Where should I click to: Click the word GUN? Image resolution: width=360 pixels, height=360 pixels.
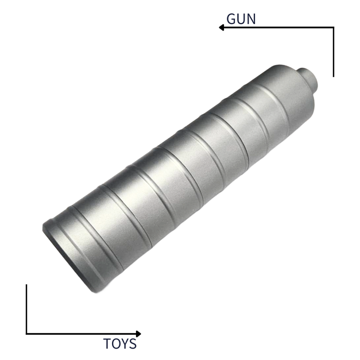click(241, 18)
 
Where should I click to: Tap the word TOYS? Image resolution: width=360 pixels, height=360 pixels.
click(120, 344)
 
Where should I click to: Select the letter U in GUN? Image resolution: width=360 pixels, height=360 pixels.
click(241, 18)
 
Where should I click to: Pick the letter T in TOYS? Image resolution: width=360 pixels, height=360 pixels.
click(107, 344)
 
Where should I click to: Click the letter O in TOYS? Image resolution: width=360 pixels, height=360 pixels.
click(116, 344)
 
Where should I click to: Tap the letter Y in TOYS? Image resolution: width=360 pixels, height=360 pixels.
click(125, 344)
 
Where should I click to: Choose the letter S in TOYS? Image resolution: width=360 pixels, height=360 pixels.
click(133, 344)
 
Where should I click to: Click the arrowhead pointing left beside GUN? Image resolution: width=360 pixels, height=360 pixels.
click(221, 27)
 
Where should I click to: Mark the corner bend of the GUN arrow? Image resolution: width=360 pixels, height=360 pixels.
click(333, 27)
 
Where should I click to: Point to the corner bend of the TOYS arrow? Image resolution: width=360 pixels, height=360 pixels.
click(26, 334)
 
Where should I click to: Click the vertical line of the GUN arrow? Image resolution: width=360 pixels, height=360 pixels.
click(333, 52)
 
